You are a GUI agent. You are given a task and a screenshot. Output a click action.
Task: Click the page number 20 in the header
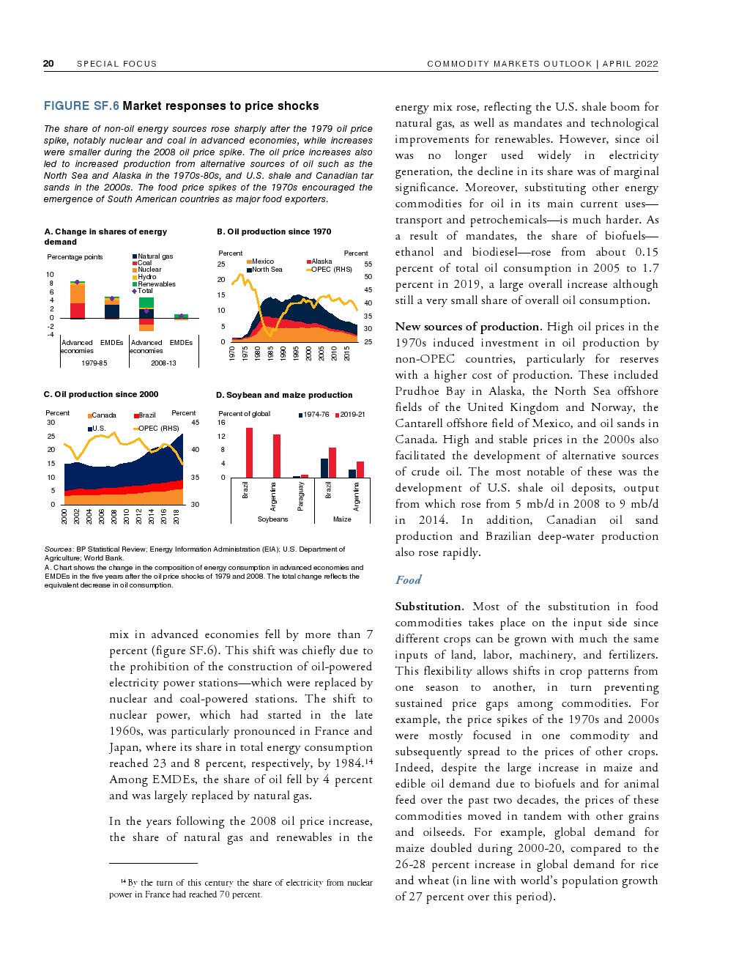[48, 64]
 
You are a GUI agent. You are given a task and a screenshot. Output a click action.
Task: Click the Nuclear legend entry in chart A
[149, 270]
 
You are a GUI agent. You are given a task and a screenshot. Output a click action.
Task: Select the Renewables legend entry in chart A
[156, 284]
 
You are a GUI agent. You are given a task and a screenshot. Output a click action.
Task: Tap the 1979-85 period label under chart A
[94, 363]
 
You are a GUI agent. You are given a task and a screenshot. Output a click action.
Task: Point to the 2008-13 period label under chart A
[163, 363]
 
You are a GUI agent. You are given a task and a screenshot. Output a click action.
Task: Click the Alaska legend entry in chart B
[321, 262]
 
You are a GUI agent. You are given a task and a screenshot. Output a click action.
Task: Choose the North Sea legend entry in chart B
[267, 270]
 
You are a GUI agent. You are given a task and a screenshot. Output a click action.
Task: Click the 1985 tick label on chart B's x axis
[271, 353]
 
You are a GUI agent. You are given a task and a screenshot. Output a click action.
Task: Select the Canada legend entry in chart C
[103, 415]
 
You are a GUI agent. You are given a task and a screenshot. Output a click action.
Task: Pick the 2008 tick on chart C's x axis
[114, 516]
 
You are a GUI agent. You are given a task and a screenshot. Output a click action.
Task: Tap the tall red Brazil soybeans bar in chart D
[249, 453]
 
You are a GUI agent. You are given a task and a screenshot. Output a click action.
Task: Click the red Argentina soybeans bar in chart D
[277, 456]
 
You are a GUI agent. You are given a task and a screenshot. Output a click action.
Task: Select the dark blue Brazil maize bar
[324, 468]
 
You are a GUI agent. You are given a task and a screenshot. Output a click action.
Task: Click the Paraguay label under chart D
[300, 496]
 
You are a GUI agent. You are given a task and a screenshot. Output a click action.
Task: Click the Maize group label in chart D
[342, 519]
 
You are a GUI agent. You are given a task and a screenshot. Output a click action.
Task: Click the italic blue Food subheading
[408, 580]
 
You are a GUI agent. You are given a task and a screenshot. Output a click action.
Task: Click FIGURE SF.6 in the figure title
[81, 106]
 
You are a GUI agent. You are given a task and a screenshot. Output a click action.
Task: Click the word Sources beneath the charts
[58, 549]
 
